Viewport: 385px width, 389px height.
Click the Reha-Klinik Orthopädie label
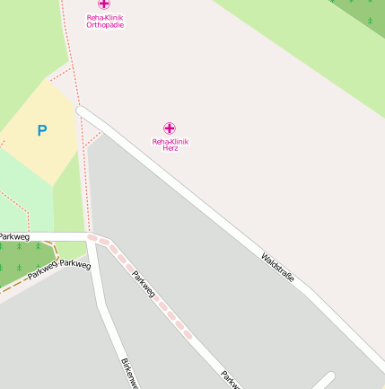pos(105,21)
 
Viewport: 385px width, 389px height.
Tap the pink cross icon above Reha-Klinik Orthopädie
pos(105,4)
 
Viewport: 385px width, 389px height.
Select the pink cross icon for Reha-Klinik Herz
pos(170,128)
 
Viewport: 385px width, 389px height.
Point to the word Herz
pos(170,147)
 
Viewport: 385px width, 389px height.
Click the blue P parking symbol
pos(41,131)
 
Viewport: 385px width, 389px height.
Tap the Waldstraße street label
pos(277,268)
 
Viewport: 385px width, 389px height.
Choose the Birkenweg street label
pos(129,372)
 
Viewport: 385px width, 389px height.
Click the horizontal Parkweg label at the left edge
pos(14,236)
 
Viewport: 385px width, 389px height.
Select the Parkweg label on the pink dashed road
pos(144,285)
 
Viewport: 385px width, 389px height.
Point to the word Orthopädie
pos(105,25)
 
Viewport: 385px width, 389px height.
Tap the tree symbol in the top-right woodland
pos(370,20)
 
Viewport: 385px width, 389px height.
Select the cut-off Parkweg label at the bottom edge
pos(231,381)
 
